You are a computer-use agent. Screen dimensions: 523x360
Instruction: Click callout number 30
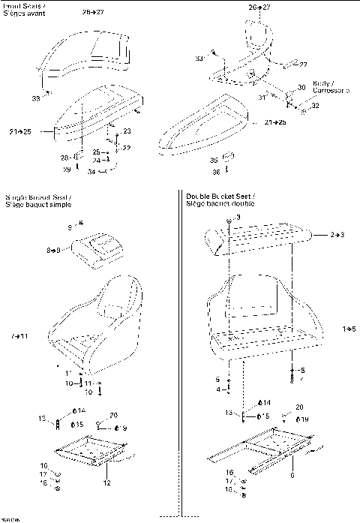(301, 88)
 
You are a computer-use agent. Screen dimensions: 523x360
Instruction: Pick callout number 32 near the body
(315, 106)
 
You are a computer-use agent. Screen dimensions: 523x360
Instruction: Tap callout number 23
(127, 131)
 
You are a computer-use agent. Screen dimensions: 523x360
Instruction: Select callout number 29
(66, 170)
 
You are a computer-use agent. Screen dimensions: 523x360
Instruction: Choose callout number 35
(214, 160)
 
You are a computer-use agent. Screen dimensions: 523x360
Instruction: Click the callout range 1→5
(349, 329)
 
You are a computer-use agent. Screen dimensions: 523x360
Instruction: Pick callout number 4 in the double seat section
(217, 389)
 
